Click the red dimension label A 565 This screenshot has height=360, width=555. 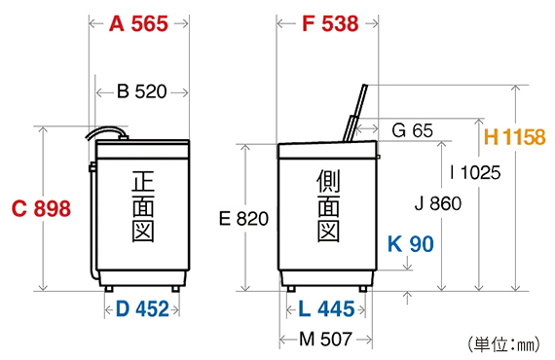click(x=138, y=24)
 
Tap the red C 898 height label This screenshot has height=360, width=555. click(x=40, y=209)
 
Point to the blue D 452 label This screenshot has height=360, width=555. click(x=142, y=309)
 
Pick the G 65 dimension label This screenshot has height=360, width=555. click(x=412, y=129)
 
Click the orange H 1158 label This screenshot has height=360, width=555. click(x=514, y=138)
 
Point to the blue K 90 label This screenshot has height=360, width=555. click(x=410, y=243)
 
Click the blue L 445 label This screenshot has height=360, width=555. click(x=326, y=309)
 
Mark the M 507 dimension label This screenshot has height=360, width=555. click(x=326, y=339)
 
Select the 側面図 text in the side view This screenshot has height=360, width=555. click(x=327, y=207)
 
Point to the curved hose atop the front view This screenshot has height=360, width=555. click(x=105, y=132)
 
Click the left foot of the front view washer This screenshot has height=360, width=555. click(x=108, y=286)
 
